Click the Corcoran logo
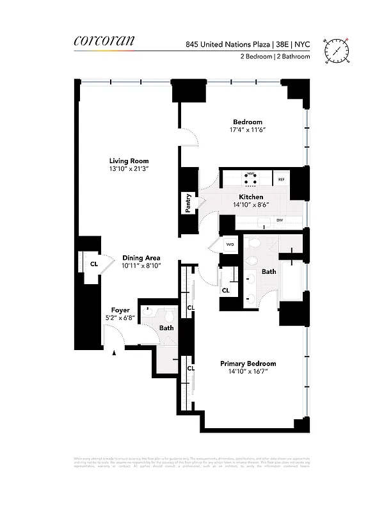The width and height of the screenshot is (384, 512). coord(104,42)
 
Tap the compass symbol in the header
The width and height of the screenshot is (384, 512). coord(335,49)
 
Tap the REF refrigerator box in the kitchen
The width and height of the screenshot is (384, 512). coord(281,180)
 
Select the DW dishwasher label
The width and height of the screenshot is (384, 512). coord(280,221)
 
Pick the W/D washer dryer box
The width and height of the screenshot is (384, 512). coord(229,244)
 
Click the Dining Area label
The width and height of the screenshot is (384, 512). coord(141,257)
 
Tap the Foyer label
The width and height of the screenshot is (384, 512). coord(120,310)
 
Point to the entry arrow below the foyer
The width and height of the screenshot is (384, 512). coord(115,352)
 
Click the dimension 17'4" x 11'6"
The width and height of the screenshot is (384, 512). coord(247,130)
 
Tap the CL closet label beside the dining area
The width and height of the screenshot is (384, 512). coord(93,263)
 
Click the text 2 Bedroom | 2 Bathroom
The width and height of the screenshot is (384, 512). coord(275,57)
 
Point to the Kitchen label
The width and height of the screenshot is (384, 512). coord(251,196)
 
